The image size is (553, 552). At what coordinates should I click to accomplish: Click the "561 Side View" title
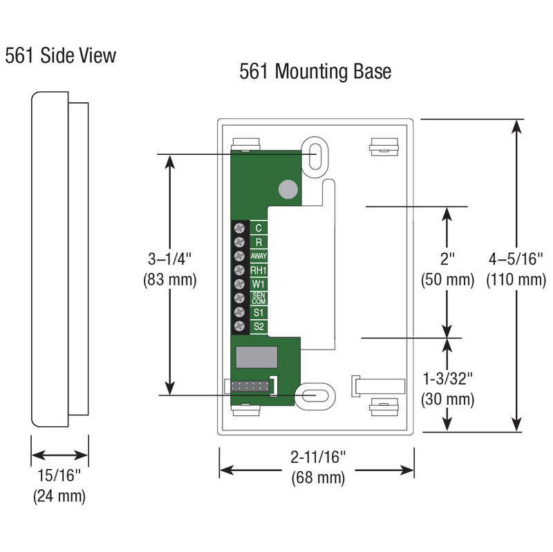61,55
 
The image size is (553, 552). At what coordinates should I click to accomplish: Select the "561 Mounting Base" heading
315,72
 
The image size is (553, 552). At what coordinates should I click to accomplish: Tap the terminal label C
259,228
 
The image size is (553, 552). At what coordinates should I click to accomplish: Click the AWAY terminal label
259,256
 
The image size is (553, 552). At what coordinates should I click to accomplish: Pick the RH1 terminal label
259,270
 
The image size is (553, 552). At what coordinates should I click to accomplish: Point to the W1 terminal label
259,284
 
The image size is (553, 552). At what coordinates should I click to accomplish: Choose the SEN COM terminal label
259,298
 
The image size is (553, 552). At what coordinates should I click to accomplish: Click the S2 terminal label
259,326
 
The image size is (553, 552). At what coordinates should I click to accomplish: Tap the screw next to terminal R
240,242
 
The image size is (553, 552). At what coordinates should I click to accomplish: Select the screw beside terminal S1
240,312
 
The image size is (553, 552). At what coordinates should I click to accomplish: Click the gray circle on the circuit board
287,188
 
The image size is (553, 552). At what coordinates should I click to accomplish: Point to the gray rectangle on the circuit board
257,357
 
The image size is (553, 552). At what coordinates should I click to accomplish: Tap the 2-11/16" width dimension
318,457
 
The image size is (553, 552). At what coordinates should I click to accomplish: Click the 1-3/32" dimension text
448,379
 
